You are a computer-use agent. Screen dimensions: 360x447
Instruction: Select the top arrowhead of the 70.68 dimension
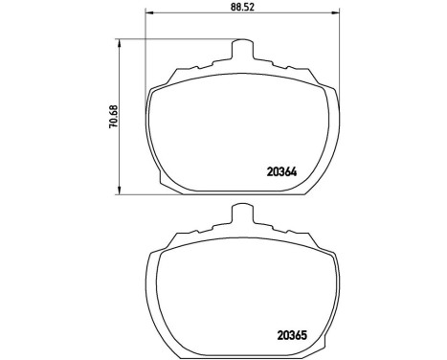coord(120,41)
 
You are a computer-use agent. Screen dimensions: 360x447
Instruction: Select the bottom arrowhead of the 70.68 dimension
coord(120,189)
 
